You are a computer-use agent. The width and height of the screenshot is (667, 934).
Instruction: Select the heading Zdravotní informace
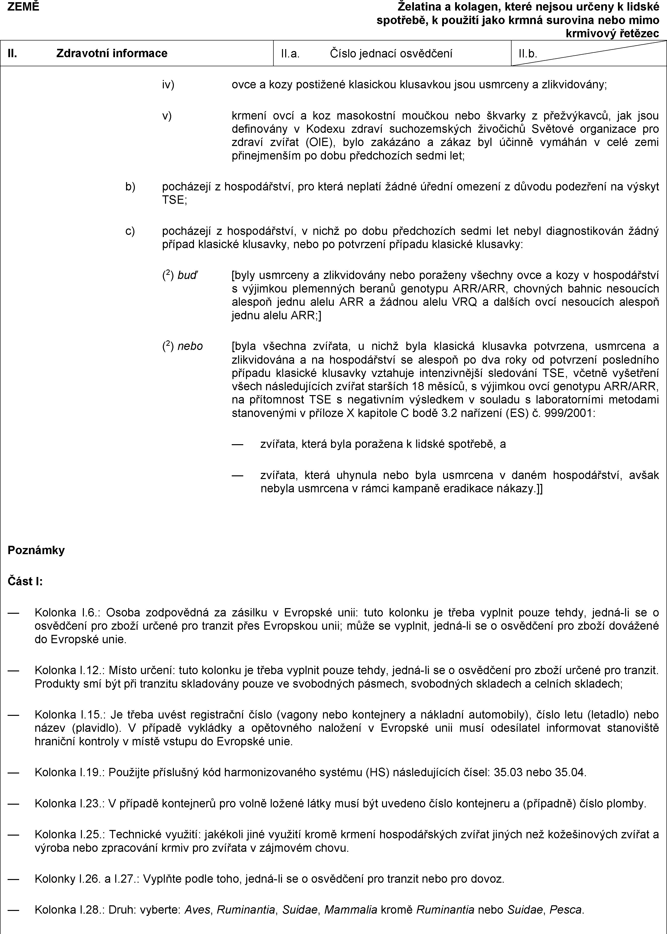[x=112, y=53]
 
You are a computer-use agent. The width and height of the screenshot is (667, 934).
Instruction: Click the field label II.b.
[x=528, y=53]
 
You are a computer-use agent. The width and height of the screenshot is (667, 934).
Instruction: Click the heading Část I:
[x=26, y=581]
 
